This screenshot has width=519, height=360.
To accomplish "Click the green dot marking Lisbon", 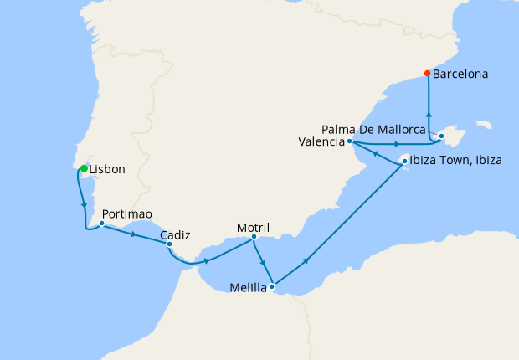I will click(x=84, y=169).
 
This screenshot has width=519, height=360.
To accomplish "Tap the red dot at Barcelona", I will click(x=428, y=73).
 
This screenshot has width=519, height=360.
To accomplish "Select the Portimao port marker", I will click(x=101, y=224).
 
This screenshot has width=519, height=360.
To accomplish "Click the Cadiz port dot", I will click(x=169, y=244).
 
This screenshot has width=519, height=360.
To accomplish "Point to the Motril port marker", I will click(x=254, y=236).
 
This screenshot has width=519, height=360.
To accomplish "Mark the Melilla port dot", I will click(x=271, y=287).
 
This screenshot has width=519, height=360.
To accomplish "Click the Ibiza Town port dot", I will click(x=404, y=161).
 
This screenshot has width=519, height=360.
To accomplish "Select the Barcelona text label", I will click(x=460, y=74).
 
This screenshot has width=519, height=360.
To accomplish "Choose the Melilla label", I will click(x=248, y=290).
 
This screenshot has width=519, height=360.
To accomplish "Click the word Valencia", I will click(x=321, y=142).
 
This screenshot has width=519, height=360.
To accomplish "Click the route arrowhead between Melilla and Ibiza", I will click(x=306, y=261).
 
